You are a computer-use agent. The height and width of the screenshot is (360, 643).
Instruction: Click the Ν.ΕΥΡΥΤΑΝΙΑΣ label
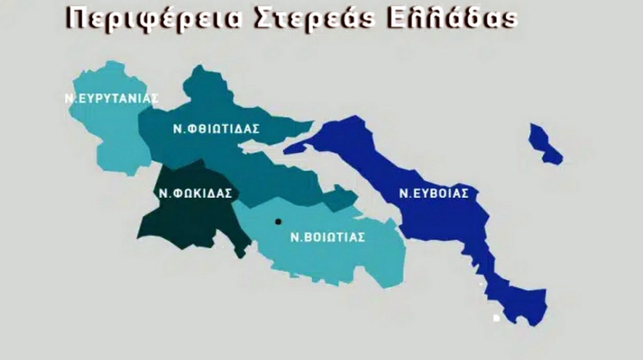111,98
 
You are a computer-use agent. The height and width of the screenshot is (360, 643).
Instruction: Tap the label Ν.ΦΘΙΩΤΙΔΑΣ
216,129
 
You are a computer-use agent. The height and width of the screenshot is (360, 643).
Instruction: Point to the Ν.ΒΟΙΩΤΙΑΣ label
327,237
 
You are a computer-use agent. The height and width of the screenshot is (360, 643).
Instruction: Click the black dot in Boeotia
278,222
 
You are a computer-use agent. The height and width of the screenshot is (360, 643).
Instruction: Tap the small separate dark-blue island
544,144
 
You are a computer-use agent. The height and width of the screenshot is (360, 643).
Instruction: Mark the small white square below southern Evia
496,318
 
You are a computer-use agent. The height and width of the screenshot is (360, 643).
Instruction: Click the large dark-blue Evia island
444,219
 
